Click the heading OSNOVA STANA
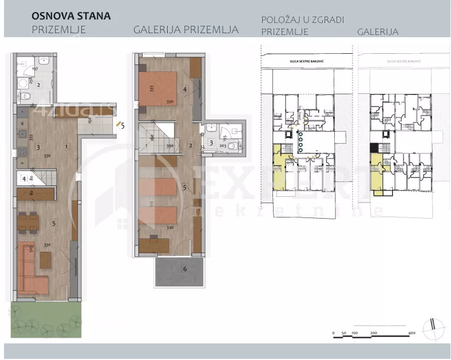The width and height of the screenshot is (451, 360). [x=71, y=15]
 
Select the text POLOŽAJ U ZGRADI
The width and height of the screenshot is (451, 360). [x=303, y=19]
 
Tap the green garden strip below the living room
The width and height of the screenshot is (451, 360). [x=46, y=320]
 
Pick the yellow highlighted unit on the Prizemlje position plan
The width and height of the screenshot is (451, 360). [x=279, y=172]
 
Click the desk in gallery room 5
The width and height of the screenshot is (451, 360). [x=154, y=244]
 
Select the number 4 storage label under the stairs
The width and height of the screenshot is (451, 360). [x=23, y=179]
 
